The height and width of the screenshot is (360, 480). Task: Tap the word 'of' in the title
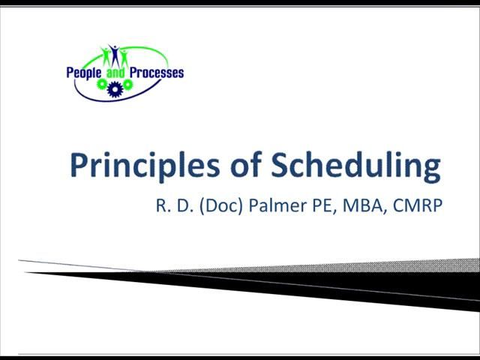[229, 166]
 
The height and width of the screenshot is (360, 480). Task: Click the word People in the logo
[82, 73]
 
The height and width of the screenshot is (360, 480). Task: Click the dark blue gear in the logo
[115, 90]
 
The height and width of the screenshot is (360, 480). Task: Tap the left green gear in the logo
[103, 85]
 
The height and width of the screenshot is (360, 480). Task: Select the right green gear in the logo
[127, 85]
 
